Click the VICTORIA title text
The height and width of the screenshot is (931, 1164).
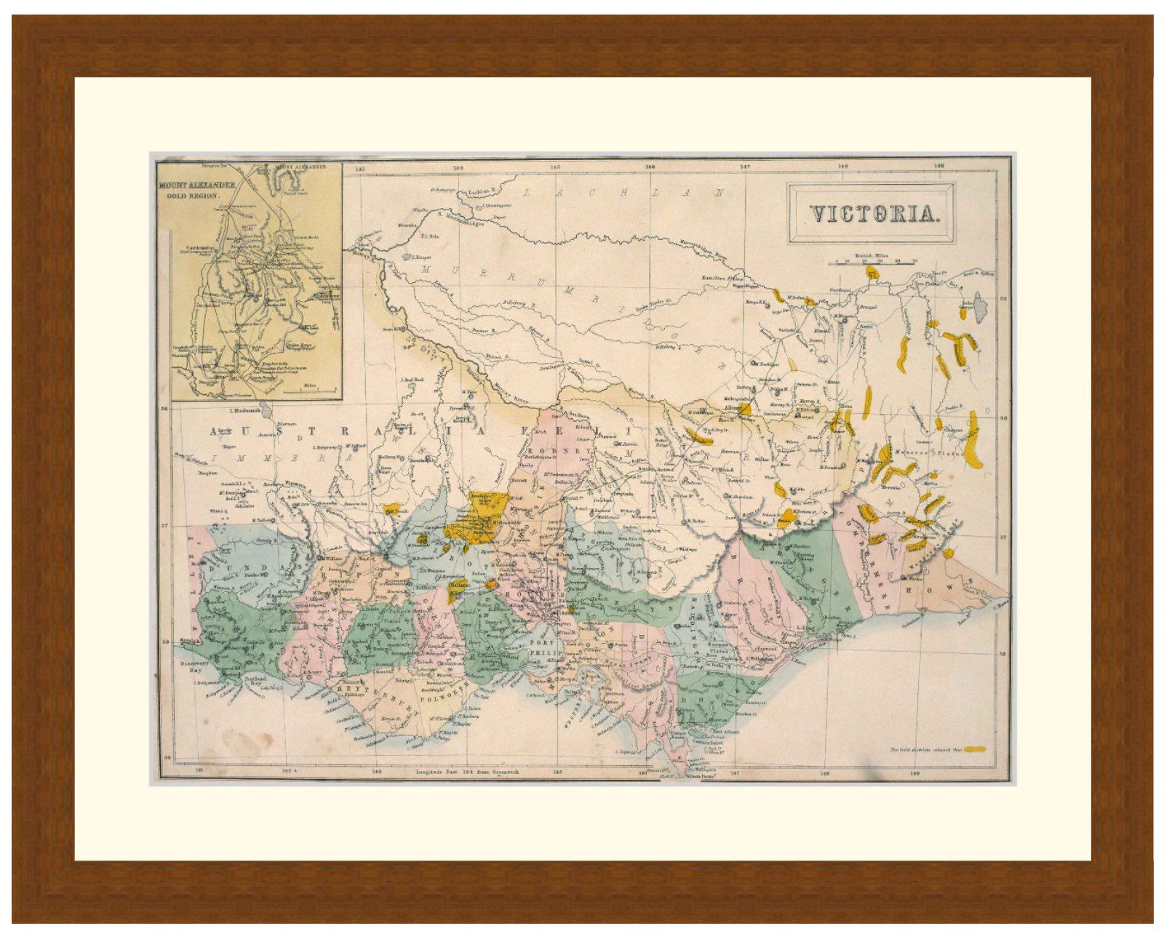872,214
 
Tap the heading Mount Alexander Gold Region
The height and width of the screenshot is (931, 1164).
198,191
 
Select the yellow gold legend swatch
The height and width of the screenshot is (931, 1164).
975,748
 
